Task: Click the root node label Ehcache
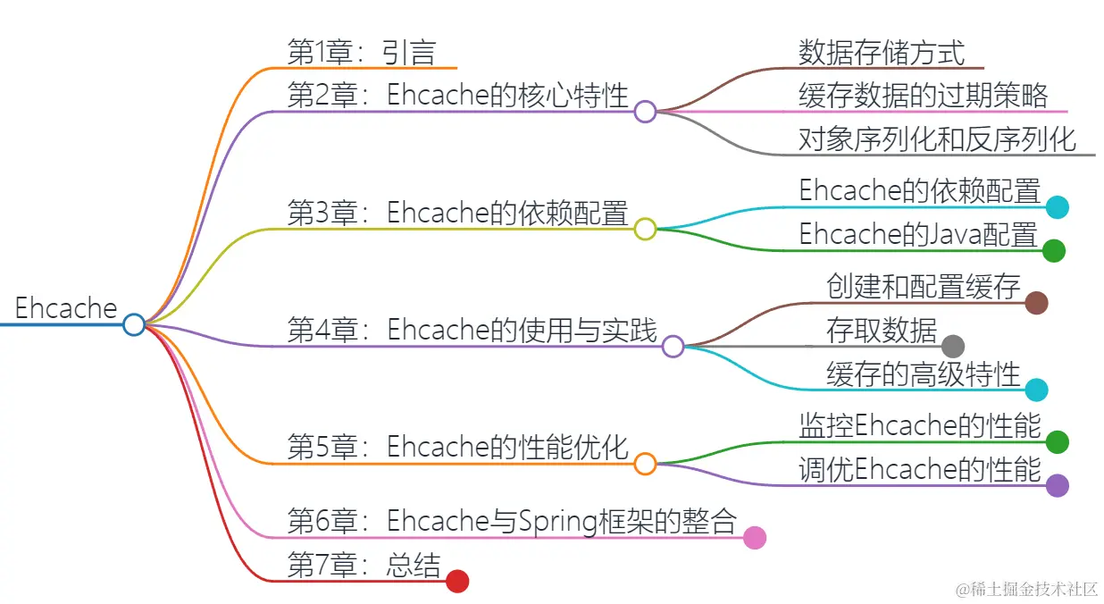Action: pos(66,309)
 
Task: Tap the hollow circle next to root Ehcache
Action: pos(134,324)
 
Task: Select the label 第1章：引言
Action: pos(361,53)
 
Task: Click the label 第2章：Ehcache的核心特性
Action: pos(458,96)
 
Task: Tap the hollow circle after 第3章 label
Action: pos(645,230)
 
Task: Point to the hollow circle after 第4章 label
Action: pos(673,347)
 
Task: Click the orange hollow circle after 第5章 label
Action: pos(645,464)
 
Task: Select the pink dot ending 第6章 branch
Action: pos(755,537)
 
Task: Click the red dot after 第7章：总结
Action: pos(457,582)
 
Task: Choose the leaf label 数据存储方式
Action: pos(882,53)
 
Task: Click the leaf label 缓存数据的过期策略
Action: pos(923,96)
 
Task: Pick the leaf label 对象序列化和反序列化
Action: pos(937,139)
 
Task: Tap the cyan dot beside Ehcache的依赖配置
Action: pos(1058,207)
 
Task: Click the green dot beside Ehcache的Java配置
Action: pos(1054,251)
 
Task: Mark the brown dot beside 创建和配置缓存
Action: pos(1036,303)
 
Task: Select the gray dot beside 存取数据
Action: pos(953,347)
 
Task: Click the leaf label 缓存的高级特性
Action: pos(924,374)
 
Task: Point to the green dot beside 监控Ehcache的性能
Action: pos(1058,441)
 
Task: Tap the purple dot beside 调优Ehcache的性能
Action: pos(1058,485)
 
